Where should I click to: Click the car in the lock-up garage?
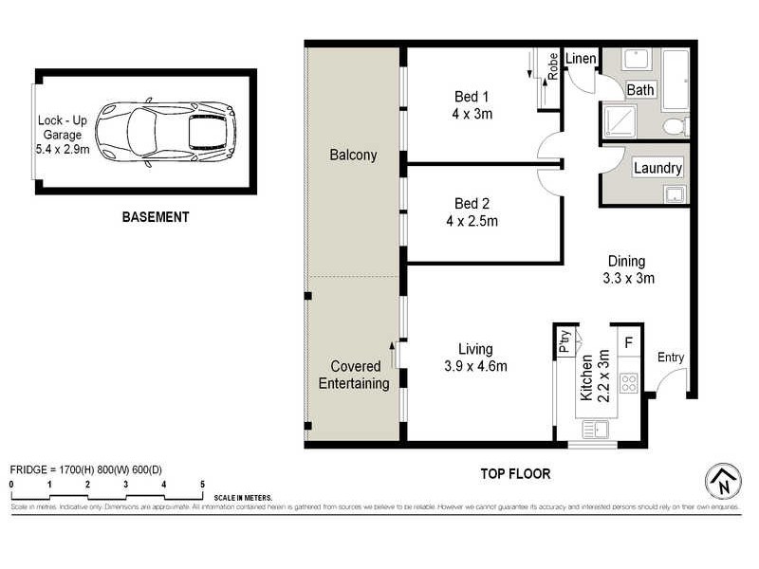tap(166, 133)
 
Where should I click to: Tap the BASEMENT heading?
tap(156, 217)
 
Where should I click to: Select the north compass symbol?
tap(723, 482)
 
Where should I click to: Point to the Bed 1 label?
tap(472, 104)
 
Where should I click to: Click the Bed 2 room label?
tap(472, 212)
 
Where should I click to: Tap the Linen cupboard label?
tap(581, 59)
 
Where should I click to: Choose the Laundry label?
tap(657, 168)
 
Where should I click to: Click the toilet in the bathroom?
tap(675, 125)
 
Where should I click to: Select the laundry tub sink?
tap(675, 195)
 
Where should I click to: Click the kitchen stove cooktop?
tap(628, 383)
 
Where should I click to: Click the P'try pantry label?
tap(565, 341)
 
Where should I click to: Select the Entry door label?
tap(670, 358)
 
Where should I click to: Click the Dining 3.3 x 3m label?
tap(626, 269)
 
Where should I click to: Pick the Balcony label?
tap(353, 155)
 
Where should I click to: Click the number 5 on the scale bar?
tap(202, 484)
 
